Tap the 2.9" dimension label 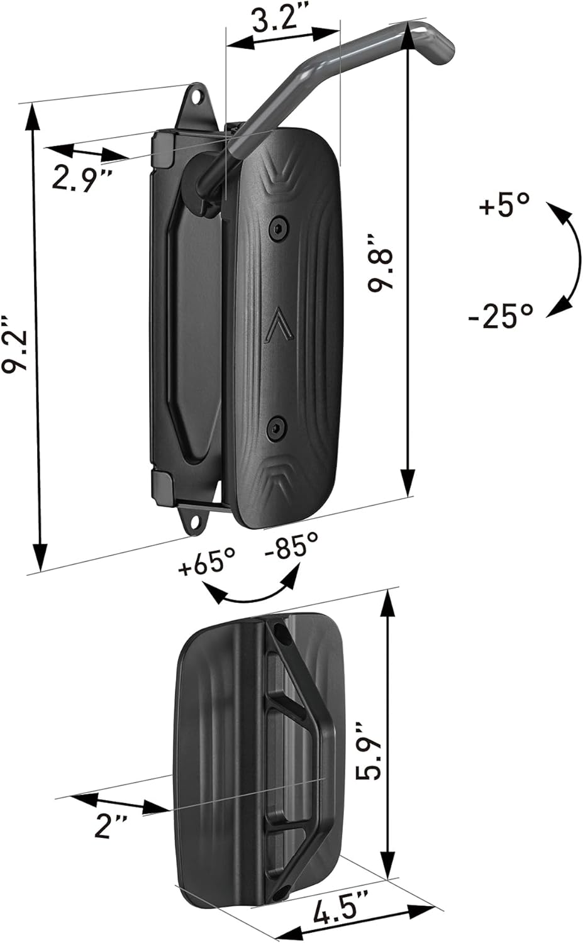pos(81,178)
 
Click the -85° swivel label pos(291,544)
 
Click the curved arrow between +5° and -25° pos(569,258)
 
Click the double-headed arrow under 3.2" pos(283,37)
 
